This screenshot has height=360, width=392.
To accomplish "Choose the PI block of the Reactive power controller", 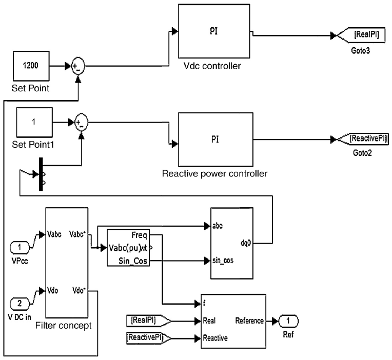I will tap(214, 139).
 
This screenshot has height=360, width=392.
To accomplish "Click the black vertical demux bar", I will tap(41, 175).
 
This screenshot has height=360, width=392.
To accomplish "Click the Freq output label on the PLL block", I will tap(139, 236).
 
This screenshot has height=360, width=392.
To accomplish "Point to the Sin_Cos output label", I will tap(136, 261).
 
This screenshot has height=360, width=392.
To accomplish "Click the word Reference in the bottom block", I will tap(249, 321).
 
